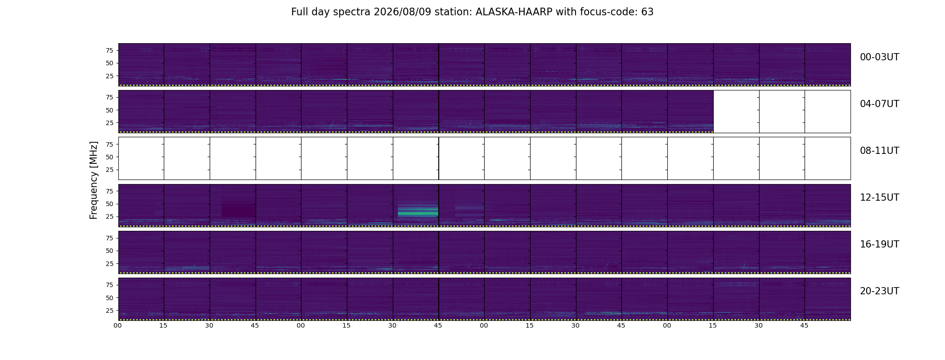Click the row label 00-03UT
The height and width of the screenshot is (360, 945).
tap(879, 57)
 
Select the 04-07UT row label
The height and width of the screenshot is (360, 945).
tap(879, 104)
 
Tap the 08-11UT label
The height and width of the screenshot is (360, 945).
tap(879, 151)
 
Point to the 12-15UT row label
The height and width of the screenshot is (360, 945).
tap(879, 198)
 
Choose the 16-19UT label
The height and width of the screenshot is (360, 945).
tap(879, 244)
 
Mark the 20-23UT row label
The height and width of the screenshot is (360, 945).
tap(879, 291)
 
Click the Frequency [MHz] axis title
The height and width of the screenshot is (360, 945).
tap(94, 180)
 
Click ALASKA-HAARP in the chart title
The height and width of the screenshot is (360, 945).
tap(514, 12)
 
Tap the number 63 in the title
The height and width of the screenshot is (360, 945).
tap(648, 12)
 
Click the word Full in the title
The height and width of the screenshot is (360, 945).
tap(299, 12)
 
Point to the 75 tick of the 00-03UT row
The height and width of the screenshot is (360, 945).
tap(109, 50)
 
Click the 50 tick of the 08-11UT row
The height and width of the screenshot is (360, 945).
tap(109, 157)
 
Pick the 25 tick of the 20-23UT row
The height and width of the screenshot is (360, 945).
tap(109, 310)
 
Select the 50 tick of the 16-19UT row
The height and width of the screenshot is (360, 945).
tap(109, 251)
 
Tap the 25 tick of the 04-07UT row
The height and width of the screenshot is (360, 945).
tap(109, 123)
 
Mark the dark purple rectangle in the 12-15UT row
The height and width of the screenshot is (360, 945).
tap(238, 211)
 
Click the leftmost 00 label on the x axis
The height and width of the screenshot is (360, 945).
tap(118, 325)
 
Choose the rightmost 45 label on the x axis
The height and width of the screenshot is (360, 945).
tap(804, 325)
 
